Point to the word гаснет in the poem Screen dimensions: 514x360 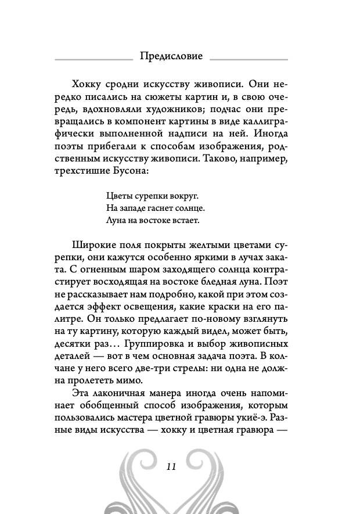pos(160,207)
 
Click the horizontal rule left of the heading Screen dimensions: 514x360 pos(93,59)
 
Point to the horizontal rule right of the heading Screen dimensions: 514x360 pos(249,59)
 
